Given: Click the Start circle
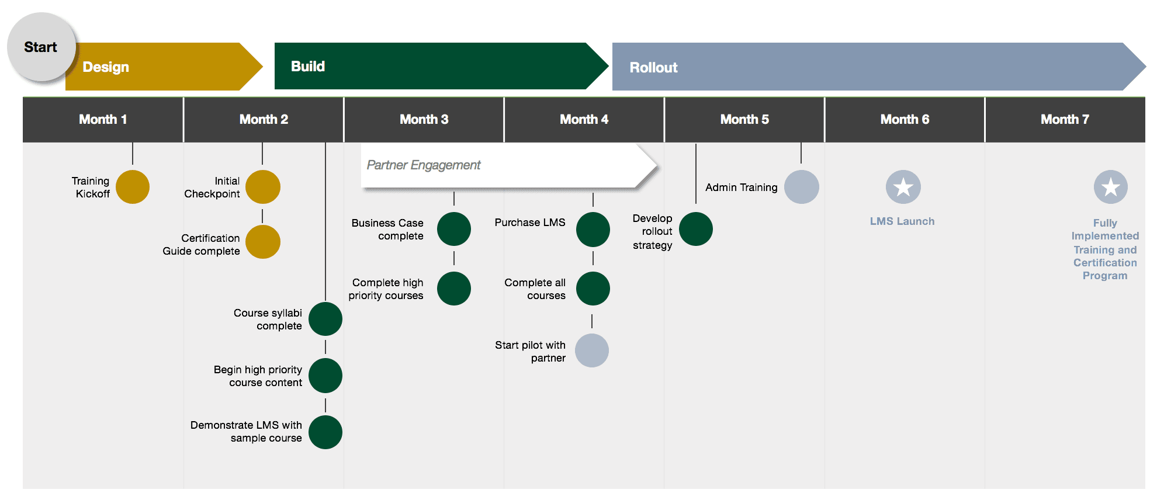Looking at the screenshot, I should (x=41, y=47).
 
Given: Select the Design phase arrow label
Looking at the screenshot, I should (x=106, y=67).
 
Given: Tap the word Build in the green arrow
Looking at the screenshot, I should (x=308, y=67).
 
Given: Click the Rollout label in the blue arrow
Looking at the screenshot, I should (x=653, y=68).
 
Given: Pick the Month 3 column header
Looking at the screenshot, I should (x=424, y=120).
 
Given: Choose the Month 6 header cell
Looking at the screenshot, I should (x=904, y=120).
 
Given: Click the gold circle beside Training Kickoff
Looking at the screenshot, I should (x=133, y=187).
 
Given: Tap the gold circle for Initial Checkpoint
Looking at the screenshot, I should (x=263, y=187).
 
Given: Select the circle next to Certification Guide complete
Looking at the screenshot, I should (x=263, y=242).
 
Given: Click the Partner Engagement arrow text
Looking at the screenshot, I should (x=424, y=165).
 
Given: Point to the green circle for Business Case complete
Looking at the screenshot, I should (x=454, y=229).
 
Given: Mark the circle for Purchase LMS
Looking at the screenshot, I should (x=593, y=229).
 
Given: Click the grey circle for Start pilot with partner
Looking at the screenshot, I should (x=592, y=350).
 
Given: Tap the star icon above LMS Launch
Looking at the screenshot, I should (x=903, y=187).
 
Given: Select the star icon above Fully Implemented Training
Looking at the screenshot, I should (x=1111, y=187).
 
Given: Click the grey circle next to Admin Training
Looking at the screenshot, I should (x=802, y=187).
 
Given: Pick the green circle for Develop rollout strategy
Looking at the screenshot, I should (x=696, y=229).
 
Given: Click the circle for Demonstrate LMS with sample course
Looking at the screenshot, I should (x=325, y=432).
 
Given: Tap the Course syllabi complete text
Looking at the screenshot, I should (x=268, y=320).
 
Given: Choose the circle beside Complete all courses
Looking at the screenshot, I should (x=593, y=289).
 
